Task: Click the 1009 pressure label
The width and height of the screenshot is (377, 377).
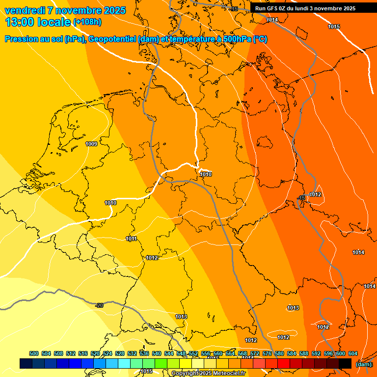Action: pos(91,144)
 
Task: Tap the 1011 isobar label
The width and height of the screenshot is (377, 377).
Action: pos(131,239)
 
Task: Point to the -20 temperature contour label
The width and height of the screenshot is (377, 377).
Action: pos(100,305)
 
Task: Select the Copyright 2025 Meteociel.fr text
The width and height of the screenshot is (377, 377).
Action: pos(208,374)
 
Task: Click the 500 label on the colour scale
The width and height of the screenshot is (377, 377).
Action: pos(34,353)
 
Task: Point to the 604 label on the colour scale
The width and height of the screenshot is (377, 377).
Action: pos(353,353)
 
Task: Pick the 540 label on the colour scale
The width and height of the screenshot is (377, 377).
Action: pos(157,353)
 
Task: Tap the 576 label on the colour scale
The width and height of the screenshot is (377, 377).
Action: pos(267,353)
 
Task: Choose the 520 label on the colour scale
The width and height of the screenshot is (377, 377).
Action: pos(95,353)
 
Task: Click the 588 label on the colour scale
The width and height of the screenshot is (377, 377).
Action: pos(304,353)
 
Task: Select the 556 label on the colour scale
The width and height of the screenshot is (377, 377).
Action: pos(206,353)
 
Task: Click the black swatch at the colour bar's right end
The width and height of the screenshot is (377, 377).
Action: pos(345,363)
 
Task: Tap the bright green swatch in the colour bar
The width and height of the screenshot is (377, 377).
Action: pos(161,363)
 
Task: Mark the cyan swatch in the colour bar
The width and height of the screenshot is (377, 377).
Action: pos(124,363)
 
